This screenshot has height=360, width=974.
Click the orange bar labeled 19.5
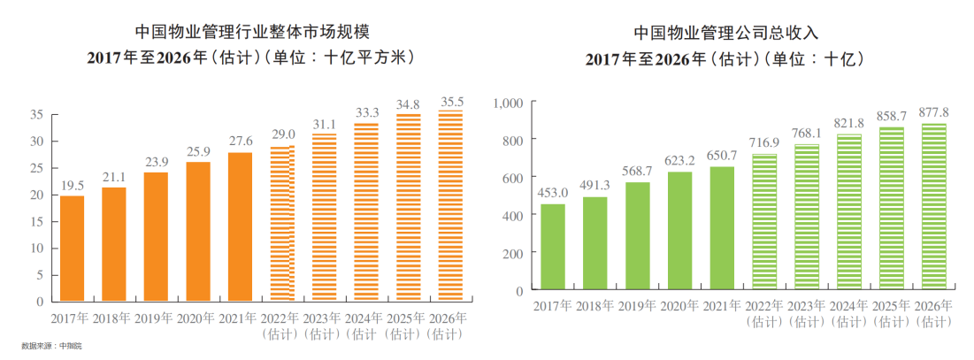point(73,248)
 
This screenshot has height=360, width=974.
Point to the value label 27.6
point(241,142)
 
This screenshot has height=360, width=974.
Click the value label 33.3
point(366,111)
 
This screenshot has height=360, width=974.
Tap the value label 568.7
point(638,171)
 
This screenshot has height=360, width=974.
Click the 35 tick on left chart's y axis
point(36,115)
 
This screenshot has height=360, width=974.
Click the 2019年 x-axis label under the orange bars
point(156,318)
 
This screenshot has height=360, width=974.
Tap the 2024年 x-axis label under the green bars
point(849,306)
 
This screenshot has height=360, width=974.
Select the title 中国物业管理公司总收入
point(725,33)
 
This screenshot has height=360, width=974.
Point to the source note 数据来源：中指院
point(50,346)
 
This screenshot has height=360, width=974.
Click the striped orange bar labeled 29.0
point(282,224)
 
